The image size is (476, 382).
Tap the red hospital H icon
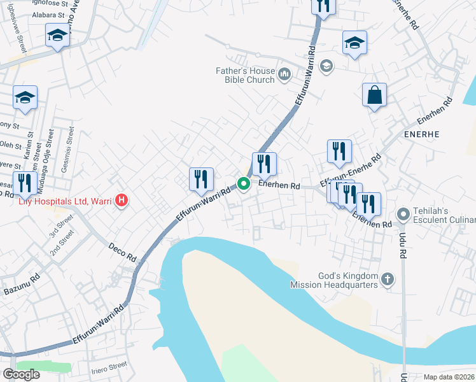point(121,202)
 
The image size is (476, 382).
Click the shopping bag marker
point(374,95)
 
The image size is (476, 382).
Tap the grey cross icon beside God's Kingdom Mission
point(387,279)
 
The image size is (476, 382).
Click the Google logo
point(21,374)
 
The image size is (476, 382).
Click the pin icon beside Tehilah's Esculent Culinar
point(402,215)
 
